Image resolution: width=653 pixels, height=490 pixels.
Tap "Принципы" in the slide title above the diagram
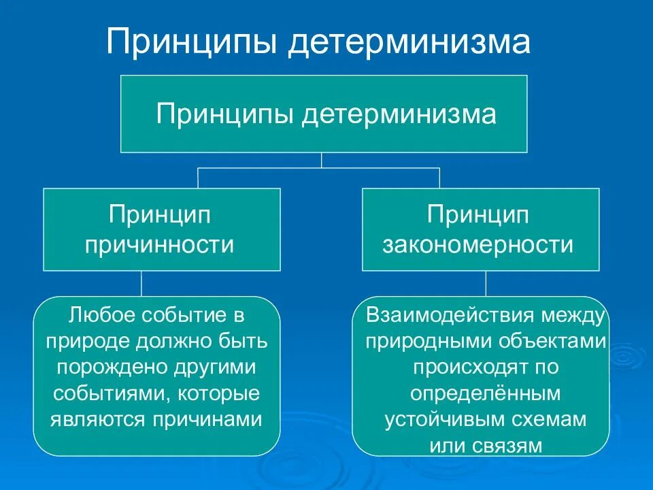(x=192, y=43)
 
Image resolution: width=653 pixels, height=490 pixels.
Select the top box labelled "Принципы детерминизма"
(x=324, y=113)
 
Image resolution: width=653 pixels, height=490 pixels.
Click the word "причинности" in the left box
(x=160, y=244)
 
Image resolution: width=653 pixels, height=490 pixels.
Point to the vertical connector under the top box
(x=322, y=160)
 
